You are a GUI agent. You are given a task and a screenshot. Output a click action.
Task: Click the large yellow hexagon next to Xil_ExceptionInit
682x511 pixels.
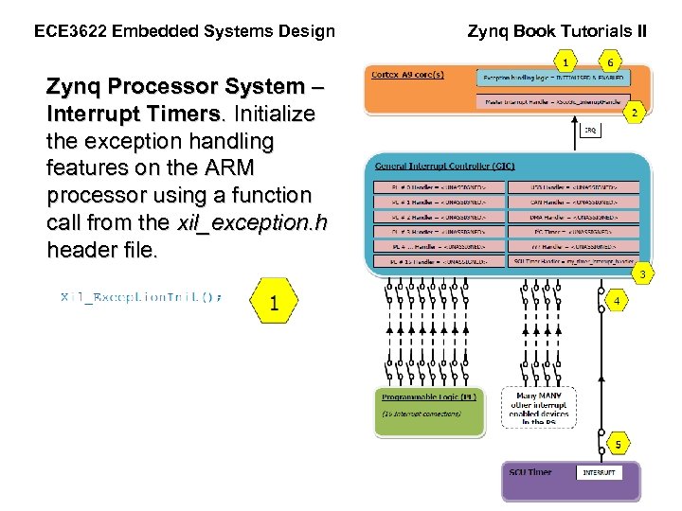(x=274, y=302)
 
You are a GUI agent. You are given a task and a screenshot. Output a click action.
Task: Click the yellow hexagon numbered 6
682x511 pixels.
(x=610, y=62)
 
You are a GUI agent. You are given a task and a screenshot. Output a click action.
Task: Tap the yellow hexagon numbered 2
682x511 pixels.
(x=635, y=112)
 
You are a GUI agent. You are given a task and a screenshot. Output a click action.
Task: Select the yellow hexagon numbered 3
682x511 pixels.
(x=641, y=275)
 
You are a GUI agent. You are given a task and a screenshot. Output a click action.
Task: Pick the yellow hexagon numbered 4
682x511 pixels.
(x=617, y=302)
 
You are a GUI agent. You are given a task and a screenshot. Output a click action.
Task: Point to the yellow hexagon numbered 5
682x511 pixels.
(x=617, y=444)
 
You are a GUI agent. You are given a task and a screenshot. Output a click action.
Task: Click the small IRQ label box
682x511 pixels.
(x=589, y=131)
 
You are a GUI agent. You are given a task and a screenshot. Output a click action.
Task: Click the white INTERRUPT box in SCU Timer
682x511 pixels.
(x=599, y=471)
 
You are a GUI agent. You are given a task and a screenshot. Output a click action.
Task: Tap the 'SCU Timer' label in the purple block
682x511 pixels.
(x=530, y=472)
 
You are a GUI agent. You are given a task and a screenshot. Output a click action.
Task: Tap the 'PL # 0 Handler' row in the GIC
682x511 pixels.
(x=436, y=187)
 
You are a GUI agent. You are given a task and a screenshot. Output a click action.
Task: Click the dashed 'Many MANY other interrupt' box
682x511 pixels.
(x=539, y=408)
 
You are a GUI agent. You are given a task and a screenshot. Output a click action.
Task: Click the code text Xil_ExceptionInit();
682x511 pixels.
(x=142, y=297)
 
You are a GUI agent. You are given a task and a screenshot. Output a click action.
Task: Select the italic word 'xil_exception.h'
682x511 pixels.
(x=252, y=222)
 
